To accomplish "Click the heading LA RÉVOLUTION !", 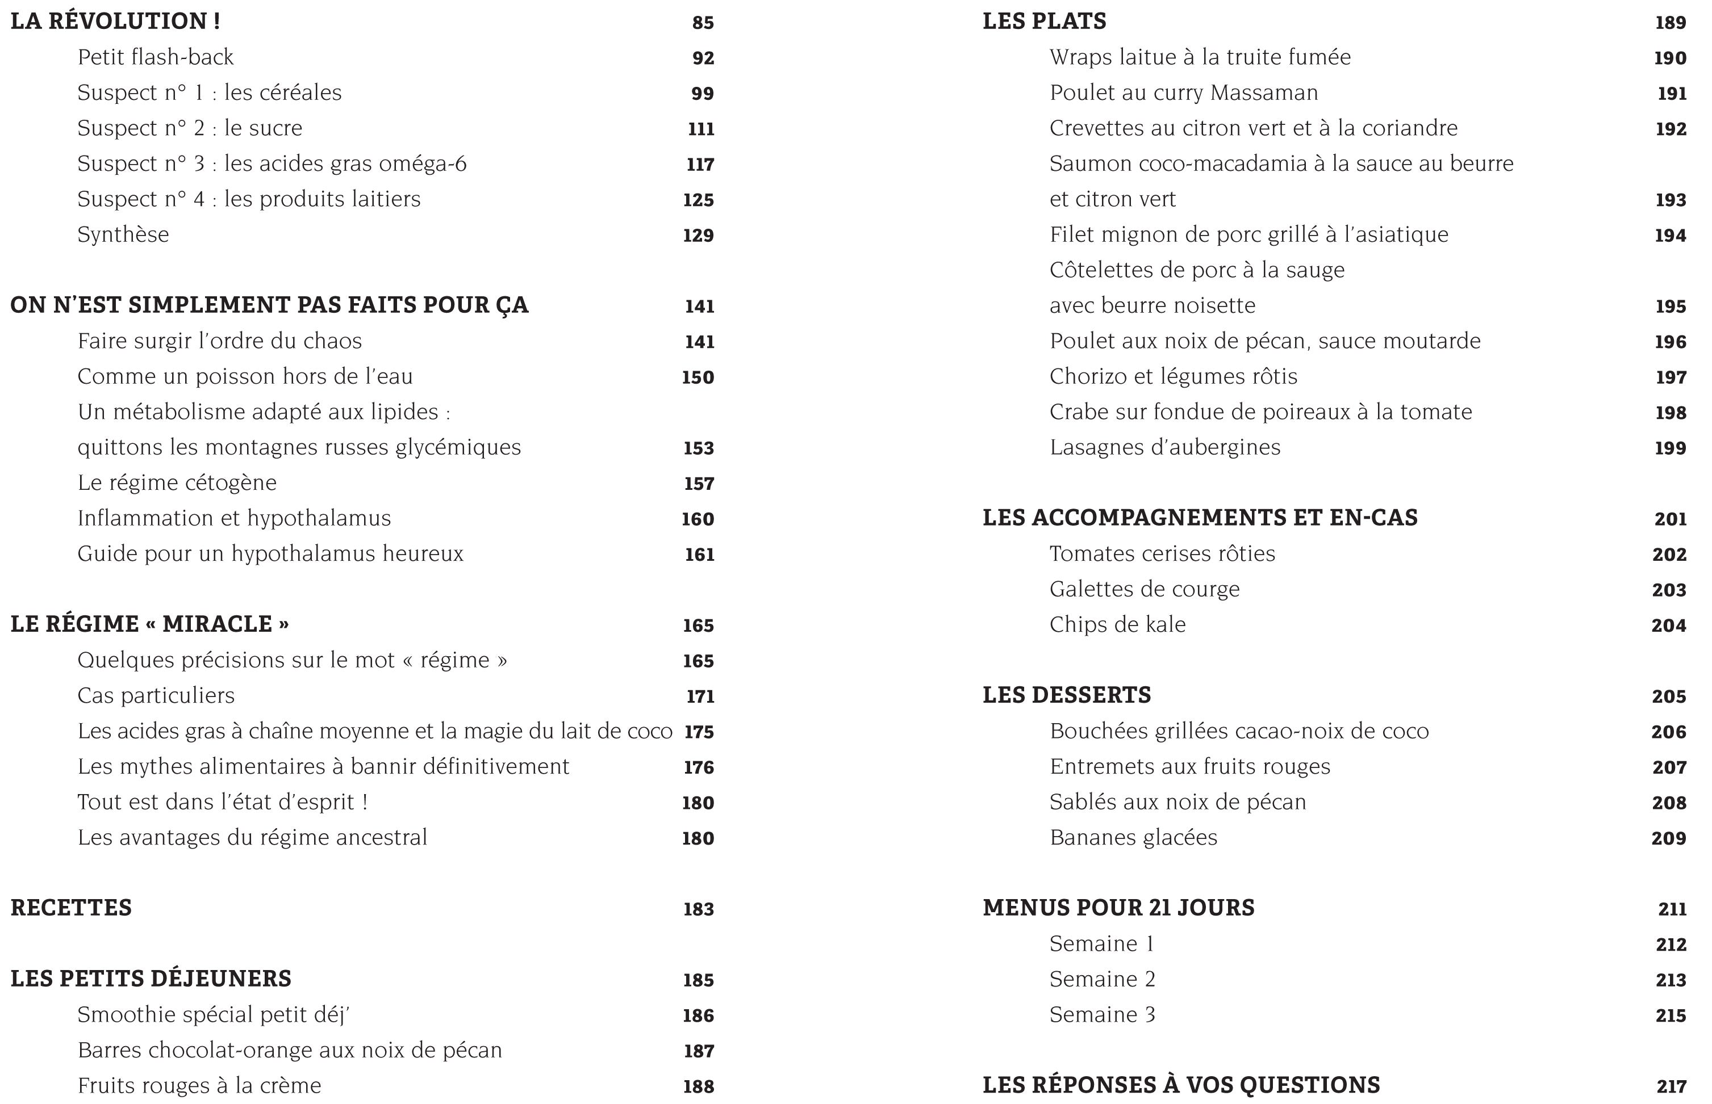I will [115, 22].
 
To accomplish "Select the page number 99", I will [702, 93].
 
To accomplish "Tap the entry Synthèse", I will [123, 234].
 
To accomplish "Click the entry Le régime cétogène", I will [177, 482].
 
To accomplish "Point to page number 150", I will [698, 377].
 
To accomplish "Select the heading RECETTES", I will [71, 908].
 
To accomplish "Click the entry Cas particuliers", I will [156, 695].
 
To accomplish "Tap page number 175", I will [699, 731].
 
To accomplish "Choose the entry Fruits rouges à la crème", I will [199, 1085].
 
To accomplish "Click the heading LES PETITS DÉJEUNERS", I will [151, 979].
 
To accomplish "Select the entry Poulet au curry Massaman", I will [1183, 93].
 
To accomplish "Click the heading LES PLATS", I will [1044, 22].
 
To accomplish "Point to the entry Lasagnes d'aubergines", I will [1165, 447].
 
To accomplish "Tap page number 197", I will [1671, 377].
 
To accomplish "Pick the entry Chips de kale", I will [1117, 624].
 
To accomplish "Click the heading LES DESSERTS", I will [1067, 695].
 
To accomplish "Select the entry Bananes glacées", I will [1133, 837].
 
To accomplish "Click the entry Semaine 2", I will [1103, 979].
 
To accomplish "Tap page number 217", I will [1671, 1086].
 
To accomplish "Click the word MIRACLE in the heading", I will [218, 624].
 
